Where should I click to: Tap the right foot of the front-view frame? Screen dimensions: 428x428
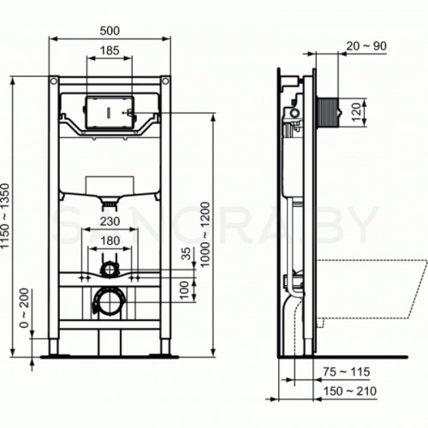pos(163,348)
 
